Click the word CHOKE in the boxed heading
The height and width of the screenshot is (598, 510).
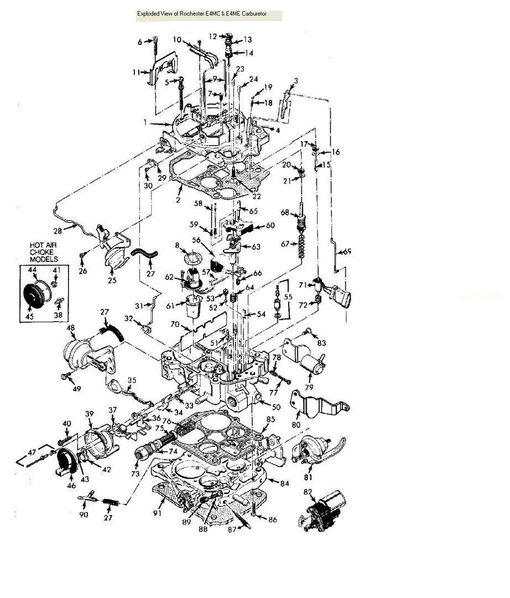tap(41, 252)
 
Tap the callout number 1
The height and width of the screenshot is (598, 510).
tap(145, 122)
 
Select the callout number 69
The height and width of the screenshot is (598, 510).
tap(347, 252)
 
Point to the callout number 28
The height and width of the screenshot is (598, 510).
tap(58, 231)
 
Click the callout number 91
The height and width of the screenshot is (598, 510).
tap(157, 513)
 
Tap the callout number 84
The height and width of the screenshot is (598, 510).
tap(284, 483)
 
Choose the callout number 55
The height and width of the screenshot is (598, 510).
tap(288, 296)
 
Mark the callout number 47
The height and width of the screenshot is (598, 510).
tap(32, 453)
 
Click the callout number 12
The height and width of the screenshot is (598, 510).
tap(213, 37)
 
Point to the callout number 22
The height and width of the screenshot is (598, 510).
tap(257, 196)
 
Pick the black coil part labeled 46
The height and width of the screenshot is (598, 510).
tap(65, 462)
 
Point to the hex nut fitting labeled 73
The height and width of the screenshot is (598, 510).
tap(141, 455)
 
